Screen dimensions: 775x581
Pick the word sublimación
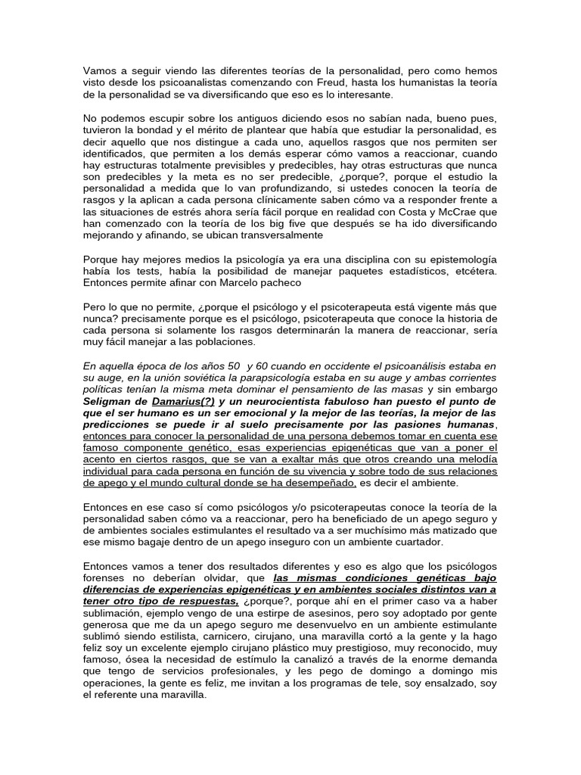[113, 614]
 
